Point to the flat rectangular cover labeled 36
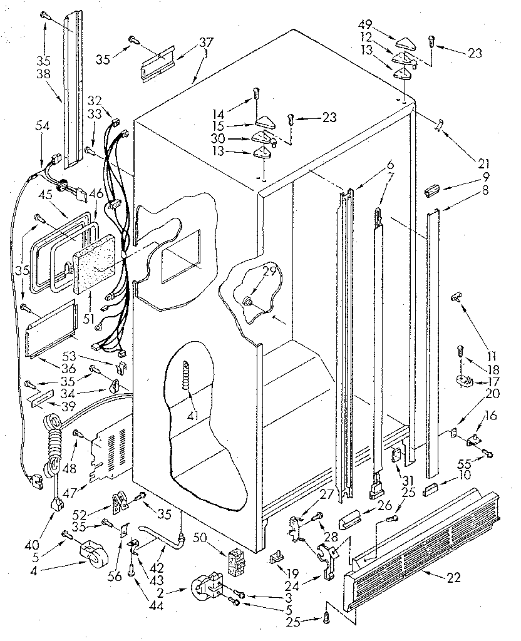(50, 329)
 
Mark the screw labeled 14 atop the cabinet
(255, 96)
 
